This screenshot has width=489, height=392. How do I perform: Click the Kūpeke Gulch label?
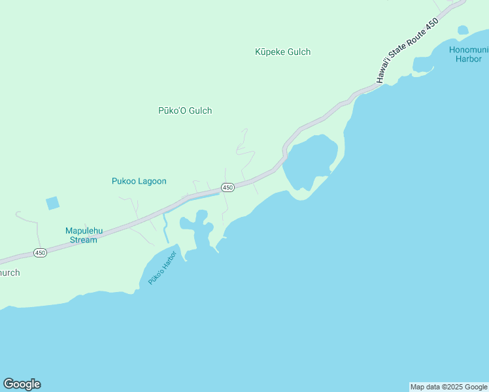pyautogui.click(x=282, y=52)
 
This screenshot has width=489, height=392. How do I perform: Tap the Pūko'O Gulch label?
pyautogui.click(x=185, y=110)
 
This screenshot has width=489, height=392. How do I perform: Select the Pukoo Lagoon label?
pyautogui.click(x=139, y=181)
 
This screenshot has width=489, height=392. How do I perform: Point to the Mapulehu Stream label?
pyautogui.click(x=81, y=235)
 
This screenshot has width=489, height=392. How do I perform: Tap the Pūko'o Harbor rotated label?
pyautogui.click(x=163, y=267)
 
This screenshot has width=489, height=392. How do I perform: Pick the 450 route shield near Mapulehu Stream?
pyautogui.click(x=41, y=253)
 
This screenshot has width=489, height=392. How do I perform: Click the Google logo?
pyautogui.click(x=22, y=384)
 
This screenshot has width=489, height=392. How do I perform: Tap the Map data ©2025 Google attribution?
pyautogui.click(x=449, y=387)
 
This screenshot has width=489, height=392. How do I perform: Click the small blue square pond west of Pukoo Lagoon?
pyautogui.click(x=52, y=203)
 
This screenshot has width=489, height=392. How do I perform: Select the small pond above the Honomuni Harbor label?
pyautogui.click(x=463, y=30)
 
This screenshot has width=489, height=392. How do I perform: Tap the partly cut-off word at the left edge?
pyautogui.click(x=9, y=272)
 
